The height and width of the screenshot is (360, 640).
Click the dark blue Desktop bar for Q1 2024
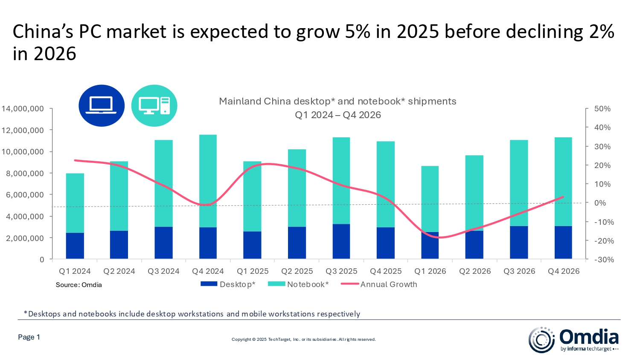coord(75,246)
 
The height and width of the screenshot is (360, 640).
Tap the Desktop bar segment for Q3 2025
coord(341,241)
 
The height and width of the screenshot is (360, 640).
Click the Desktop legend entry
coord(228,285)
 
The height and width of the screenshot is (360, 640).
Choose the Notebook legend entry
coord(298,285)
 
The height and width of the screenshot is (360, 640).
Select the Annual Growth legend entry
coord(379,285)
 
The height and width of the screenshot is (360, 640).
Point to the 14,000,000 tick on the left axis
coord(23,109)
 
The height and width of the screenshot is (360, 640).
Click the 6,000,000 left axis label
coord(25,195)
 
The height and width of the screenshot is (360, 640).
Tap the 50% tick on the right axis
coord(602,109)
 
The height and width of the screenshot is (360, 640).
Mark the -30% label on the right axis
coord(603,259)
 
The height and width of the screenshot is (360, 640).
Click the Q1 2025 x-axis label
coord(253,271)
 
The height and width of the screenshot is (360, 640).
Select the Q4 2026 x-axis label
coord(564,271)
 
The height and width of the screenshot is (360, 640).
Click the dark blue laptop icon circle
coord(102,105)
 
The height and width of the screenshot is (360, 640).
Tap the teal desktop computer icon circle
coord(154,105)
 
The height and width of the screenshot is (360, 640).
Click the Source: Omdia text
coord(79,285)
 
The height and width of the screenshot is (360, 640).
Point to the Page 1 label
coord(29,337)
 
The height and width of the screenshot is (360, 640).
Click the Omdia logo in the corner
coord(573,340)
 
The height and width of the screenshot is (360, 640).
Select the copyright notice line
coord(303,340)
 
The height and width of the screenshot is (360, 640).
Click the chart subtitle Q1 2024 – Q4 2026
coord(337,115)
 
